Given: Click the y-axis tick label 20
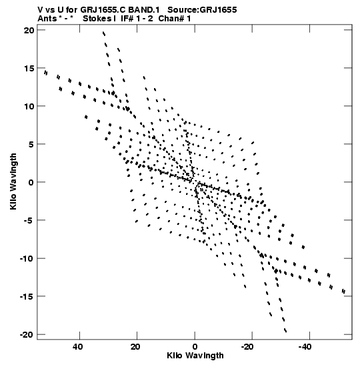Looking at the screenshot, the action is click(x=29, y=30).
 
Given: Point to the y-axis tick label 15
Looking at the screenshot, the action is click(x=29, y=68).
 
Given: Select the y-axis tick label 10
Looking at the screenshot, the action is click(x=29, y=106).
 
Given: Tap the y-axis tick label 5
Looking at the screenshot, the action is click(x=31, y=144).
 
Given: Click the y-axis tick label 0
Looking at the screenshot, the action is click(x=31, y=182).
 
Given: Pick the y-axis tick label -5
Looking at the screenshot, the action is click(x=29, y=220).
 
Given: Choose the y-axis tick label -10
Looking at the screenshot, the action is click(x=27, y=258).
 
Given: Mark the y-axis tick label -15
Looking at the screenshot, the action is click(x=27, y=296).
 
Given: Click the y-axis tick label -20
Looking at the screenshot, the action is click(x=27, y=334).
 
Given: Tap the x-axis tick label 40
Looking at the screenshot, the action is click(x=78, y=347).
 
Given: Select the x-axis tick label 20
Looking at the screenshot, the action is click(x=135, y=347).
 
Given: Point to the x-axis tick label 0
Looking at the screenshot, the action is click(x=195, y=347).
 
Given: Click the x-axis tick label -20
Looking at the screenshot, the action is click(x=247, y=347).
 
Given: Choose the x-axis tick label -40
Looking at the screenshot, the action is click(x=305, y=347).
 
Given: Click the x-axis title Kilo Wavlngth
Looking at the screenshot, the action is click(x=195, y=356).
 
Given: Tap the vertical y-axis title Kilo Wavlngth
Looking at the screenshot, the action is click(x=13, y=181).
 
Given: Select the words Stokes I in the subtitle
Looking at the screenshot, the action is click(x=99, y=19).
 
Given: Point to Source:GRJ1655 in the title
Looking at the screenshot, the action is click(x=202, y=10).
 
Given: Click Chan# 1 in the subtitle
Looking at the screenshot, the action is click(x=175, y=19).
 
